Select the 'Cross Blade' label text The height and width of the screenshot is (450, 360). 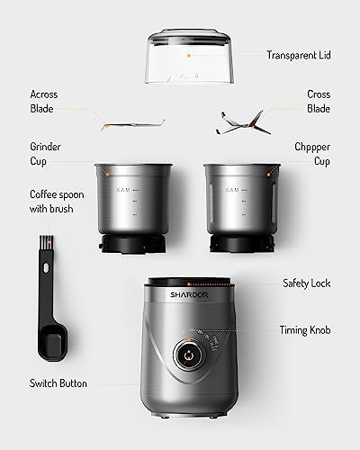pyautogui.click(x=318, y=102)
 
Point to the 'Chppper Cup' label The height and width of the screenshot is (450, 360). pyautogui.click(x=313, y=153)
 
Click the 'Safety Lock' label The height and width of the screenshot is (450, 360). pyautogui.click(x=306, y=283)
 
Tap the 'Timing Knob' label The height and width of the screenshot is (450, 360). pyautogui.click(x=306, y=330)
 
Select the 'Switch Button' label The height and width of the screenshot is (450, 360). pyautogui.click(x=58, y=383)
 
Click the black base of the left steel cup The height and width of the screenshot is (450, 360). pyautogui.click(x=131, y=246)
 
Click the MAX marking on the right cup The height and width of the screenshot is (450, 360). pyautogui.click(x=232, y=190)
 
